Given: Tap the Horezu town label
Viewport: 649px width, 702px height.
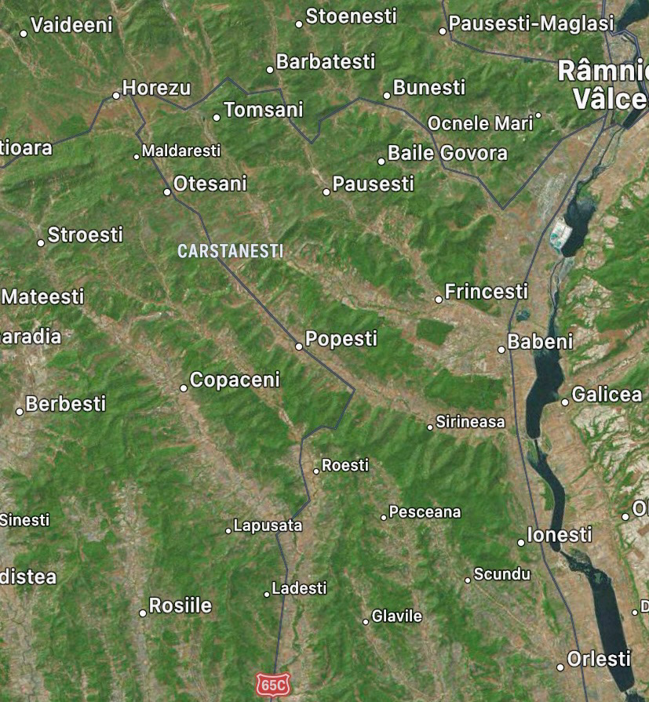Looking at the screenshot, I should click(156, 88).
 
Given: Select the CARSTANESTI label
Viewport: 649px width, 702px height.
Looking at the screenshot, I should click(230, 251).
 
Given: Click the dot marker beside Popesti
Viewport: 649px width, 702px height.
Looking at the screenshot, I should click(299, 346).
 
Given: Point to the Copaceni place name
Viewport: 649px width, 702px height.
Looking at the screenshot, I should click(235, 380).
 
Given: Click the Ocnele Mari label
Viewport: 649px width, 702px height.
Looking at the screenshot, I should click(479, 124).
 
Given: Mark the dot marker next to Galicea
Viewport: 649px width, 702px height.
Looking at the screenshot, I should click(564, 402).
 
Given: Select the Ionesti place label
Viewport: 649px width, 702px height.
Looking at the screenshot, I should click(559, 535).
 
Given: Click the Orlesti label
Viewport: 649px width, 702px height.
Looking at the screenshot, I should click(598, 659).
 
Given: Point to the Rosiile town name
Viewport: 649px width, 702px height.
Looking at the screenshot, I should click(180, 606).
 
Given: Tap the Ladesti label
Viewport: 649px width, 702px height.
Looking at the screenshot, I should click(299, 587).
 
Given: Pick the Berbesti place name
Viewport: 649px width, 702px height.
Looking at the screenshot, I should click(65, 404).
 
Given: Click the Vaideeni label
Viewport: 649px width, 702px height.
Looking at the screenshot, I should click(71, 25).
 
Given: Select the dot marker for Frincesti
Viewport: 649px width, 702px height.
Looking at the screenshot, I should click(439, 299).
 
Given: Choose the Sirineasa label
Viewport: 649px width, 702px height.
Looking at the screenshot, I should click(470, 422).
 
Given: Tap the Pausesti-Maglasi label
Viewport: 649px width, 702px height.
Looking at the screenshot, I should click(531, 24).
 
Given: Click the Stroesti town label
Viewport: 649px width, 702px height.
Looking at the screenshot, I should click(86, 235).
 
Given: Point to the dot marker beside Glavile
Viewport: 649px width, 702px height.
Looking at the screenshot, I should click(366, 621).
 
